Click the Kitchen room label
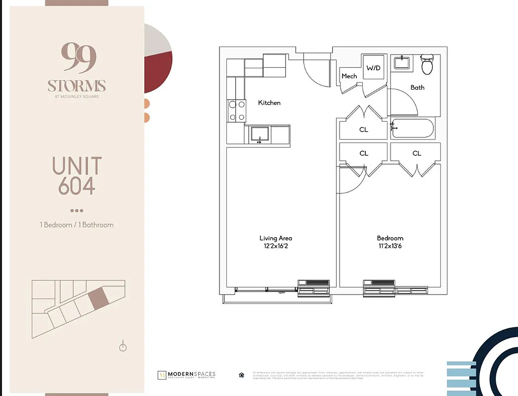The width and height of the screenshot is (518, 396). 269,103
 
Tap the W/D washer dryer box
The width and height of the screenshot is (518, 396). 373,68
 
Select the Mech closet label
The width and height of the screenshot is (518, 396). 349,76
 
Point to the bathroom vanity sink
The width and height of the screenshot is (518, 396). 401,63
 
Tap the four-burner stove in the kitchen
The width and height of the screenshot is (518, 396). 236,111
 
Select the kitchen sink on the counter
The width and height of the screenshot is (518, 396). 259,134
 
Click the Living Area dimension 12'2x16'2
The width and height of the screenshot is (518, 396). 275,246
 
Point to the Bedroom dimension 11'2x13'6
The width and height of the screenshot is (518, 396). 390,246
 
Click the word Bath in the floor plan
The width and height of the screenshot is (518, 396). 417,88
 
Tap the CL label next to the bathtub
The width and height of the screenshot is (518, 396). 363,130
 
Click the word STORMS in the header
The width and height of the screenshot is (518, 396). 77,86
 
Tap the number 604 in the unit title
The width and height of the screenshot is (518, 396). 77,186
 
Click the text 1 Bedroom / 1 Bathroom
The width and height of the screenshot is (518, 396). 77,225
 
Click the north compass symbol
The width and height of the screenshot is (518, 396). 123,346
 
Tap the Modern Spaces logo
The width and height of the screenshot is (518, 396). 186,375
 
